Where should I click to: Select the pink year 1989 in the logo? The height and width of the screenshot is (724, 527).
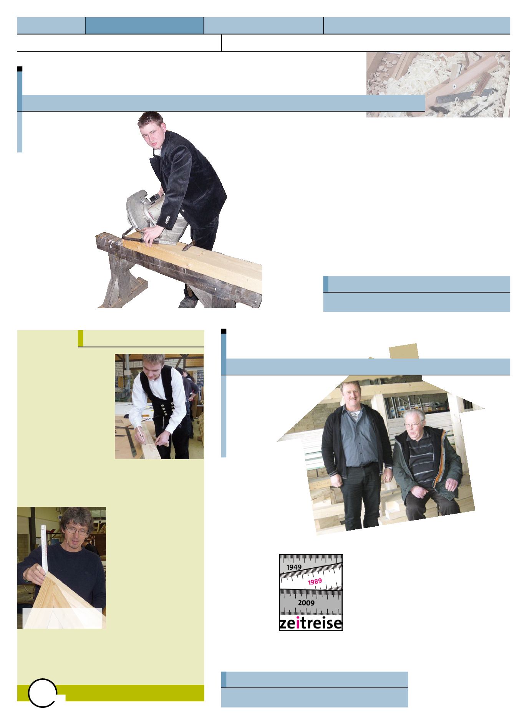tap(315, 581)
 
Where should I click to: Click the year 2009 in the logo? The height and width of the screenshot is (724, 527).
tap(306, 602)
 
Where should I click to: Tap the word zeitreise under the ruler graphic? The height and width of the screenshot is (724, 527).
tap(311, 623)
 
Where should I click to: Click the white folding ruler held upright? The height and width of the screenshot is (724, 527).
tap(44, 552)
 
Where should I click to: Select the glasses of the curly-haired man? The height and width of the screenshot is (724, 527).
tap(76, 529)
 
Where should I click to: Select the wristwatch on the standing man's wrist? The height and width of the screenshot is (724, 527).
tap(389, 467)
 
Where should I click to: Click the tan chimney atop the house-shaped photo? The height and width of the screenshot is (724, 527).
tap(404, 352)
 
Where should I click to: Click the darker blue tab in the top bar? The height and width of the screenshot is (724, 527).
tap(144, 25)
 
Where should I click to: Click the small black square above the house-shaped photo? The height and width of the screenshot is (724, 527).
tap(224, 331)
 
